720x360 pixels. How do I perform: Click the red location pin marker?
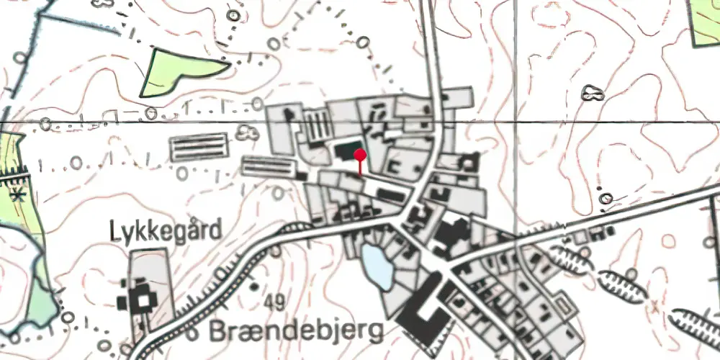pyautogui.click(x=360, y=154)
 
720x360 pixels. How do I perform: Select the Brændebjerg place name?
pyautogui.click(x=297, y=332)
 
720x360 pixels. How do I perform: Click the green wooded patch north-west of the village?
pyautogui.click(x=180, y=71)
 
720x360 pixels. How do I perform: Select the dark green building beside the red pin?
pyautogui.click(x=344, y=153)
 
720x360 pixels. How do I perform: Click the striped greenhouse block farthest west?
pyautogui.click(x=197, y=148)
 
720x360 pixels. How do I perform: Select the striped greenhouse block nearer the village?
pyautogui.click(x=269, y=167)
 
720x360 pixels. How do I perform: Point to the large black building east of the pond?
pyautogui.click(x=449, y=238)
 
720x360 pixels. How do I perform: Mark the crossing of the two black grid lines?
pyautogui.click(x=516, y=122)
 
